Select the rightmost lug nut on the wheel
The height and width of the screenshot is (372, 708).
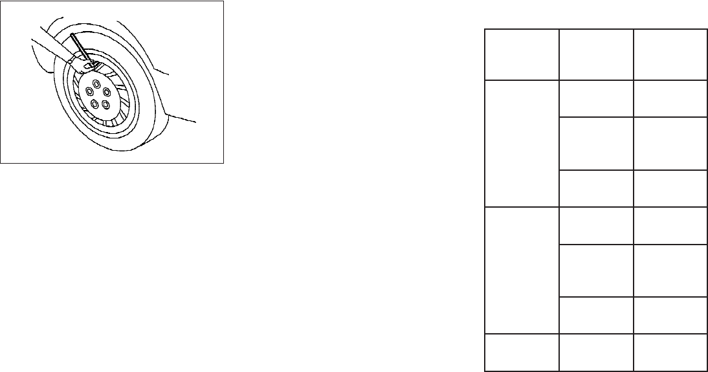[107, 91]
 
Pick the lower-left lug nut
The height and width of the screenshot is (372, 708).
[94, 104]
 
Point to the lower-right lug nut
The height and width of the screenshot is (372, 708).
[105, 103]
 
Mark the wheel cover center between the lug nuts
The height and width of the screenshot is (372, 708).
[98, 94]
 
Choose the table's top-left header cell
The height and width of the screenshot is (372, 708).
[522, 54]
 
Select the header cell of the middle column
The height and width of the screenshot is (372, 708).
[595, 54]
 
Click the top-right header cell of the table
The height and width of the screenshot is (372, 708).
[669, 54]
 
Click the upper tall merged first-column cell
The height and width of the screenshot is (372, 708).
[522, 143]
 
